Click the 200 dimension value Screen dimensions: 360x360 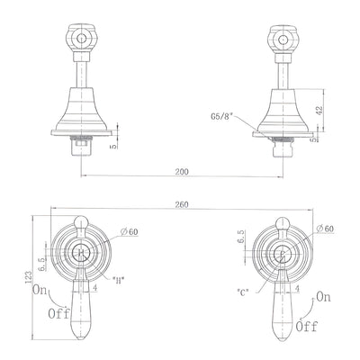tap(182, 172)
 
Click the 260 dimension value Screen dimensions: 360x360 tap(182, 204)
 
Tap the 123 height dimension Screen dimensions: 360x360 tap(29, 278)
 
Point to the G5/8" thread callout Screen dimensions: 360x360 tap(221, 116)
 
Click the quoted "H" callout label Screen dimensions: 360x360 tap(118, 281)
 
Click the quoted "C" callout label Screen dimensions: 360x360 tap(243, 292)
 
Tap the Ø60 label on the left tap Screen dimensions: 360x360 tap(130, 231)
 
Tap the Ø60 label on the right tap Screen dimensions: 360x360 tap(325, 229)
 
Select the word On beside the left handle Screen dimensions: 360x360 tap(40, 291)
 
